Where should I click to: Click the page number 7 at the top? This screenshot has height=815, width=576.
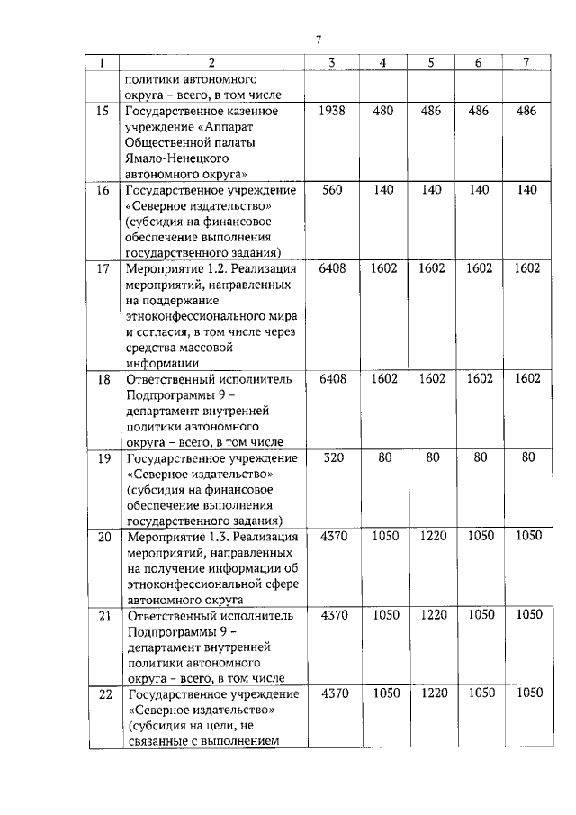coord(319,39)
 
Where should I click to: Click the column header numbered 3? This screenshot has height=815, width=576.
coord(332,62)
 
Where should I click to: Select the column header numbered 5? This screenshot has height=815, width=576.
coord(431,62)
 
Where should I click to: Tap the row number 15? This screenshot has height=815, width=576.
coord(103,111)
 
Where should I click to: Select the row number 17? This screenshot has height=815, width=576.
coord(103,267)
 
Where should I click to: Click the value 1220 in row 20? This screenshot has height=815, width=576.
coord(432,535)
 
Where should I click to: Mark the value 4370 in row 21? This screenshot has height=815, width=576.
coord(332,614)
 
